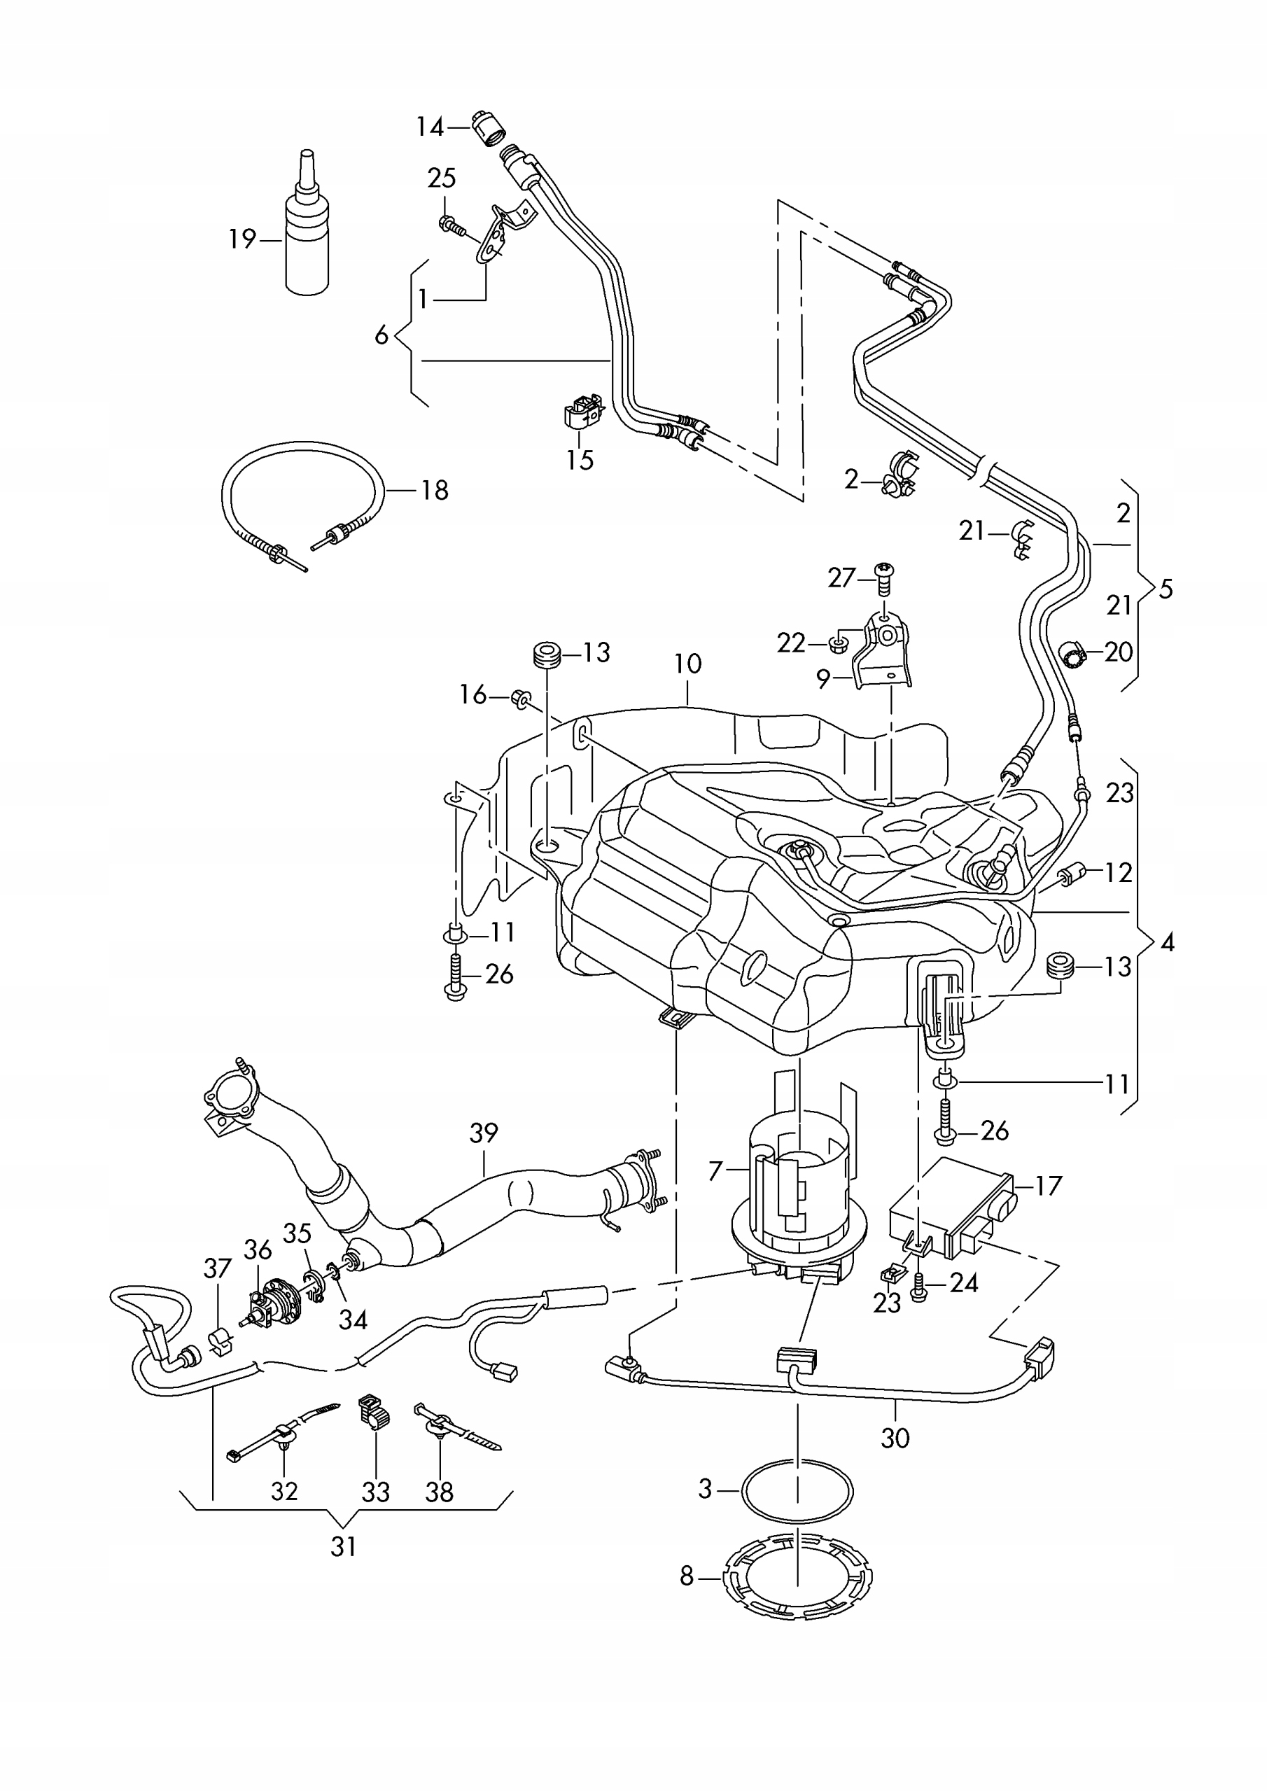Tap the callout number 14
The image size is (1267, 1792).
pos(429,127)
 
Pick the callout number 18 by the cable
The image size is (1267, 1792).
pos(435,490)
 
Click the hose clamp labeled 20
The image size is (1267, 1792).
pos(1077,652)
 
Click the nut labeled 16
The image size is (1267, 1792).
pos(521,697)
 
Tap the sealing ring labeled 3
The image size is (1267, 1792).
pos(797,1492)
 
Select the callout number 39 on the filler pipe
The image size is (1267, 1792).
pos(484,1133)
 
